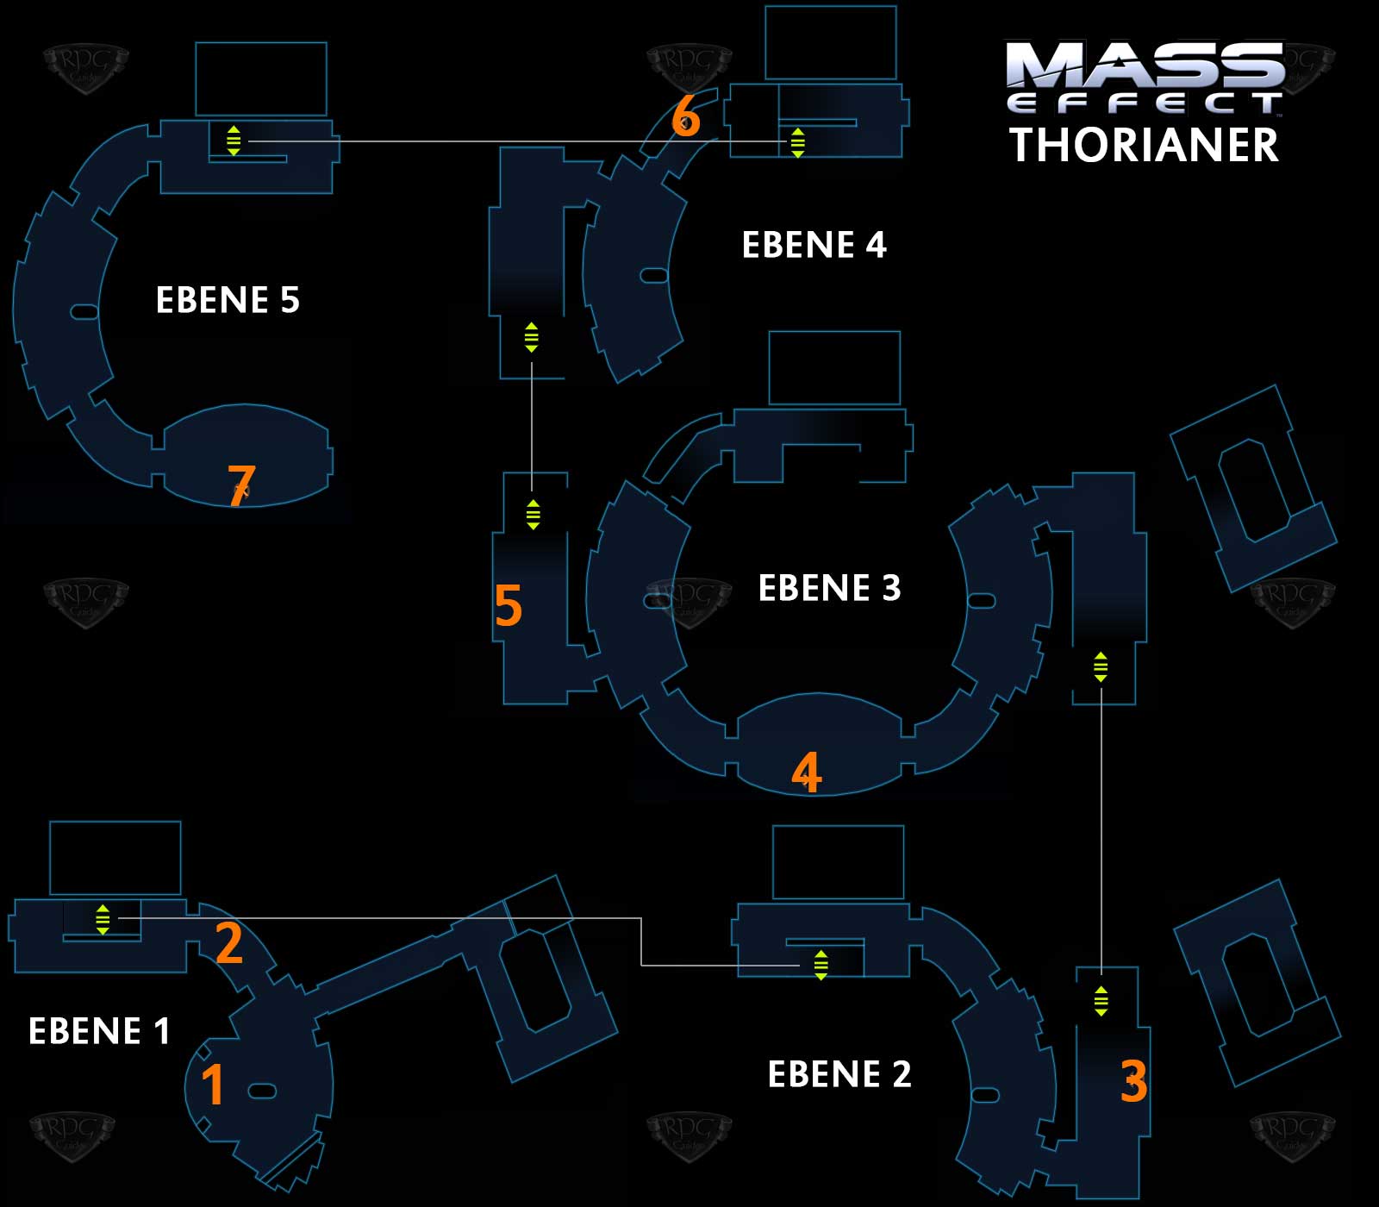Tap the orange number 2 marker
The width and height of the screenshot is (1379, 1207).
pyautogui.click(x=229, y=942)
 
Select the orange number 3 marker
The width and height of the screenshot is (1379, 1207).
pyautogui.click(x=1133, y=1080)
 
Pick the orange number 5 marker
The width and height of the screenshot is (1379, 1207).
pyautogui.click(x=509, y=605)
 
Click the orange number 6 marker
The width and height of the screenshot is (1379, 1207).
pyautogui.click(x=685, y=116)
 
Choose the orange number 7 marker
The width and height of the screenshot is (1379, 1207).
pyautogui.click(x=241, y=485)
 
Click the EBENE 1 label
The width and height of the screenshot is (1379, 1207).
pyautogui.click(x=99, y=1031)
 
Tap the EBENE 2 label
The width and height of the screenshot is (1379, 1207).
pyautogui.click(x=839, y=1074)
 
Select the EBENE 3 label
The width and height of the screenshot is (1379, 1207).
pyautogui.click(x=829, y=588)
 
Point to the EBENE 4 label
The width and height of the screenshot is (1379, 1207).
pyautogui.click(x=814, y=245)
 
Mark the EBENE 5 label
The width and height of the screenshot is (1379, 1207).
pyautogui.click(x=228, y=300)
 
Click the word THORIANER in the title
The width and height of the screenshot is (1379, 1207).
pyautogui.click(x=1144, y=145)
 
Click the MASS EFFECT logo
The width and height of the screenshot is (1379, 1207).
pyautogui.click(x=1145, y=78)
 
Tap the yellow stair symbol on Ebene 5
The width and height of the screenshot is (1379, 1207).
pyautogui.click(x=234, y=141)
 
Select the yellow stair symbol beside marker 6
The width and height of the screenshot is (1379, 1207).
pyautogui.click(x=797, y=142)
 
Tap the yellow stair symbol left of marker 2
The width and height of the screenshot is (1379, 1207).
pyautogui.click(x=103, y=919)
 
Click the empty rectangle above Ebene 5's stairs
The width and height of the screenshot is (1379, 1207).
pyautogui.click(x=261, y=78)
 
